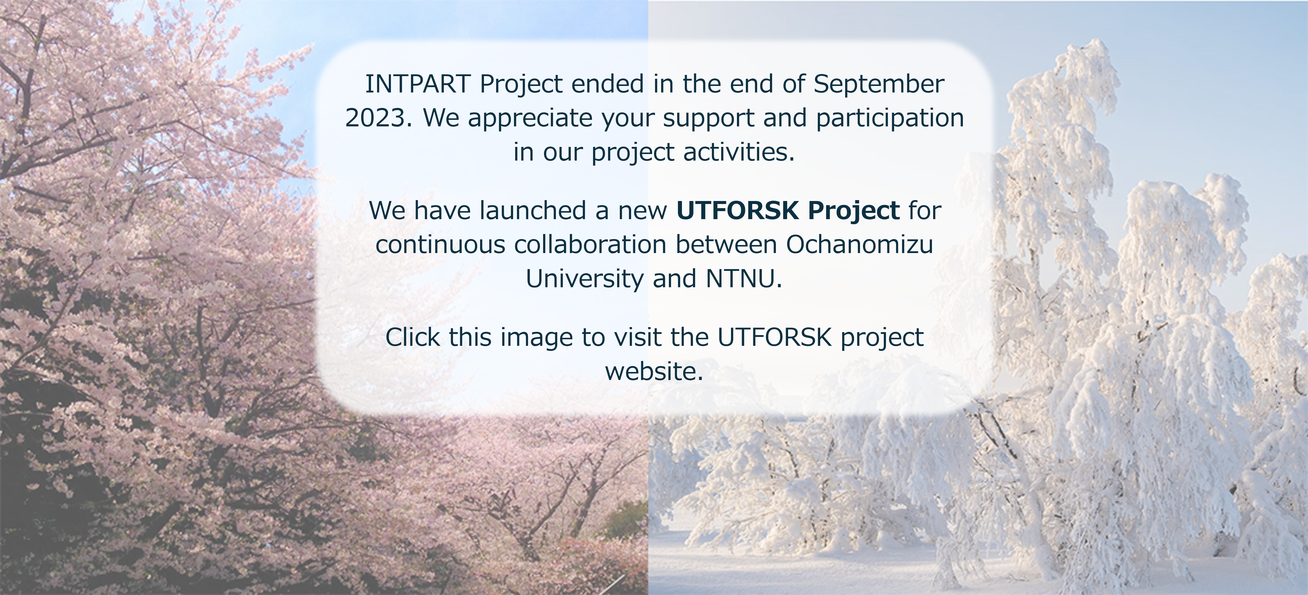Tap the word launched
tap(533, 210)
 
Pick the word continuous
tap(441, 245)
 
